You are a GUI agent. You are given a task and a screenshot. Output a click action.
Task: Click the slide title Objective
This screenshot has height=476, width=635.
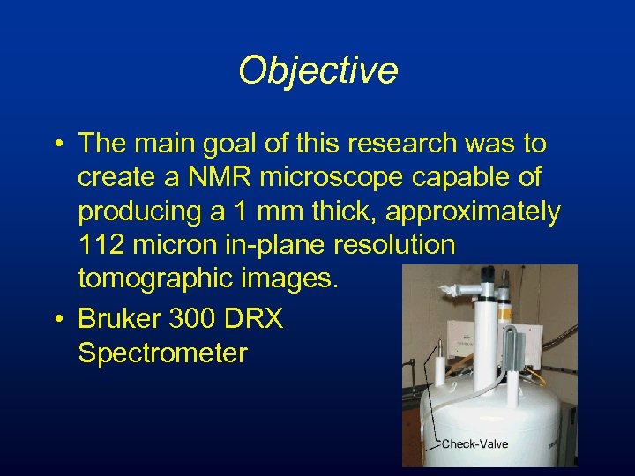[x=317, y=71]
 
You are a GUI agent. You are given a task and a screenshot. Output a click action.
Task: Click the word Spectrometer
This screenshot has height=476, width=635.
[x=162, y=353]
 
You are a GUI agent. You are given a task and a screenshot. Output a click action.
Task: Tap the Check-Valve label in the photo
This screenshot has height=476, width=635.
[x=474, y=443]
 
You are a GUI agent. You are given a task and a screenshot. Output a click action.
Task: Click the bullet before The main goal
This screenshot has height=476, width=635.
[x=56, y=144]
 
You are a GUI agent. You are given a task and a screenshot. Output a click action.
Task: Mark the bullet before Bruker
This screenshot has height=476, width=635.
[x=56, y=319]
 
